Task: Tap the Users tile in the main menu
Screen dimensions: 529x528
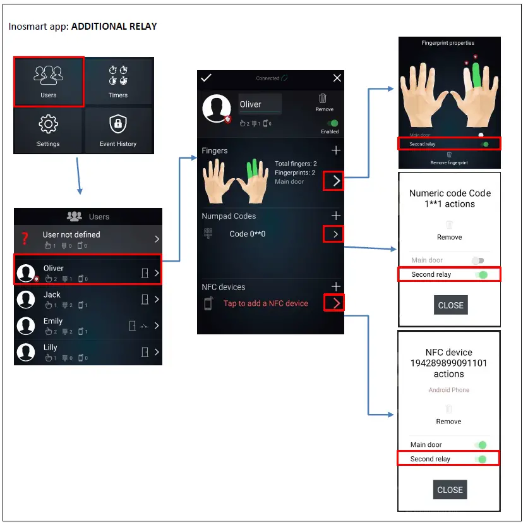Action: pyautogui.click(x=49, y=81)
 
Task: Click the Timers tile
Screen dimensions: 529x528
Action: pyautogui.click(x=117, y=81)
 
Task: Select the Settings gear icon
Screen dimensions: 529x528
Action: pyautogui.click(x=48, y=125)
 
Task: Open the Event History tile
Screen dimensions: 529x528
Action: pyautogui.click(x=117, y=130)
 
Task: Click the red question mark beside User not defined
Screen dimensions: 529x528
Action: pyautogui.click(x=25, y=238)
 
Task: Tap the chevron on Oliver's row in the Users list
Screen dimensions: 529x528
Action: pyautogui.click(x=157, y=273)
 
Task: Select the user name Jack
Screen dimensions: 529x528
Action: pyautogui.click(x=52, y=295)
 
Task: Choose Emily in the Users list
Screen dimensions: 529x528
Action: pyautogui.click(x=53, y=321)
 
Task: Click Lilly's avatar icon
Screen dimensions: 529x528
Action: pyautogui.click(x=26, y=351)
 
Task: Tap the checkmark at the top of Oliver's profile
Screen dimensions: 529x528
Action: pyautogui.click(x=206, y=78)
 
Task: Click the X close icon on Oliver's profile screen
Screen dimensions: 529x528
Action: pyautogui.click(x=337, y=78)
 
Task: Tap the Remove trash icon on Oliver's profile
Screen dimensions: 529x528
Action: pyautogui.click(x=323, y=99)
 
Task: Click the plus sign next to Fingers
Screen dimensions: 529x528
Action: pyautogui.click(x=336, y=150)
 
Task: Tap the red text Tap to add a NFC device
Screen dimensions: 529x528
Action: pyautogui.click(x=266, y=303)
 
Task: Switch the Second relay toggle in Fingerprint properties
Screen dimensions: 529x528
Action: pyautogui.click(x=484, y=144)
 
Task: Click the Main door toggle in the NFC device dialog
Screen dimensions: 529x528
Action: pyautogui.click(x=481, y=445)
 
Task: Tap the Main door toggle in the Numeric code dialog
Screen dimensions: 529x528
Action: pyautogui.click(x=479, y=260)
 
